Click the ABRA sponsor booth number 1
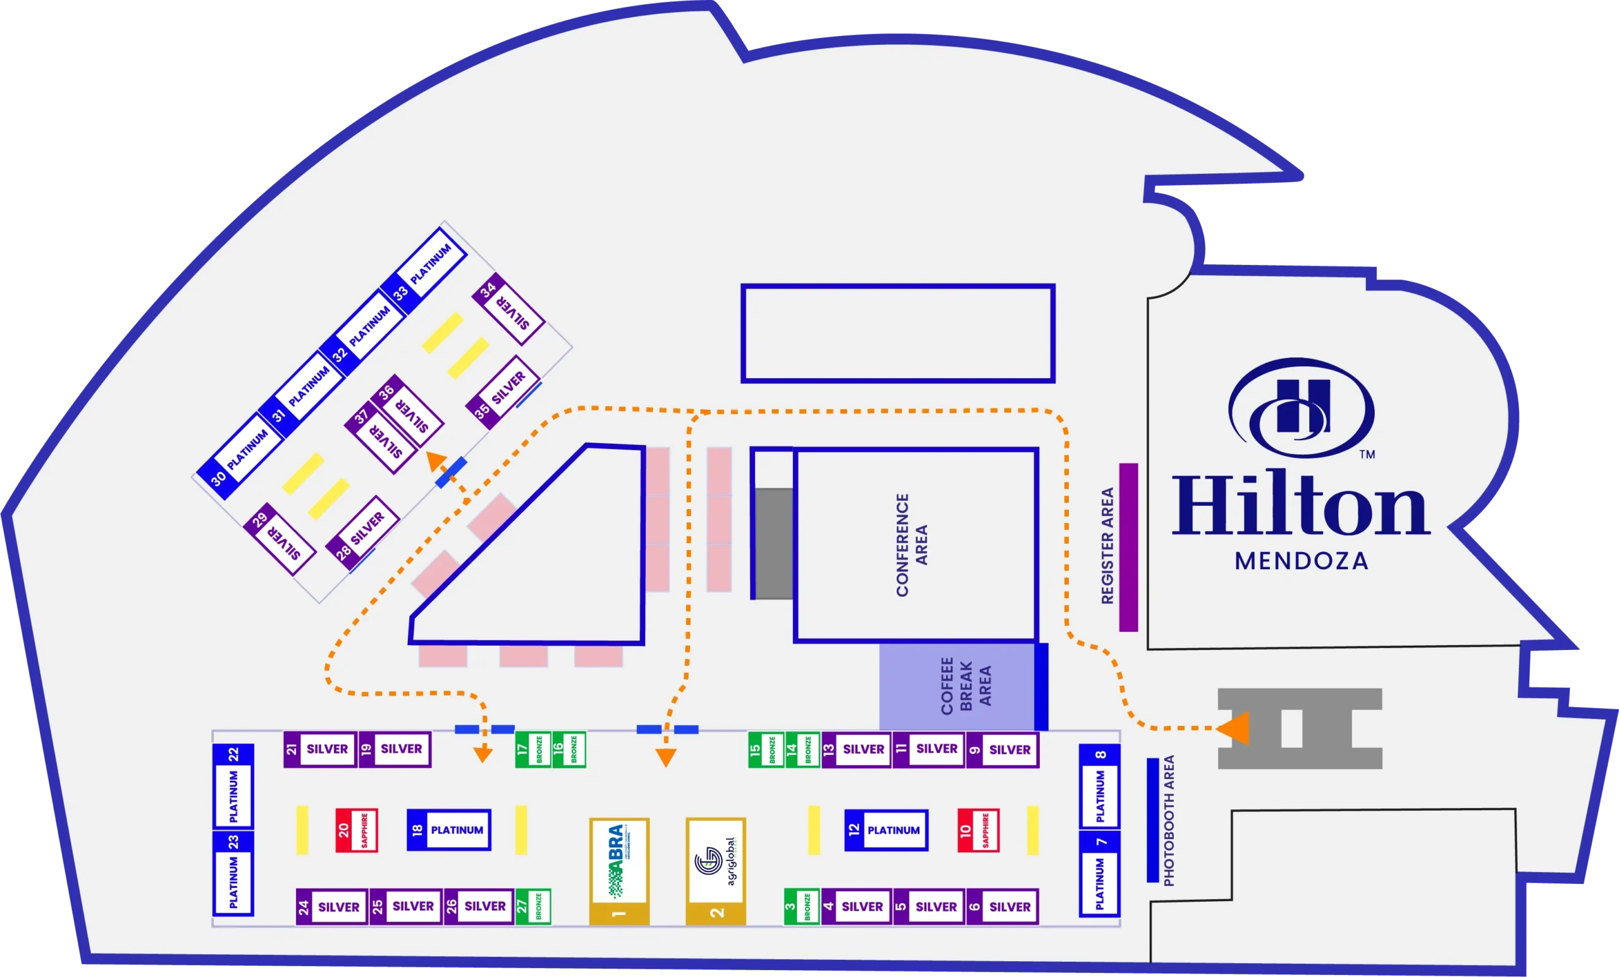619,871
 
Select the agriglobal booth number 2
715,871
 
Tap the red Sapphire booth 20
356,830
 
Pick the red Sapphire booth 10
978,830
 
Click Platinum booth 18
449,830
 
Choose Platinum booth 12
886,830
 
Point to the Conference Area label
911,544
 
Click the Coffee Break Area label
965,686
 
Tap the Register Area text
1108,545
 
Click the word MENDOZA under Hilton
1301,561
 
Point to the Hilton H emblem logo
1302,407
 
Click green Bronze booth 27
532,907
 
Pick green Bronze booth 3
801,907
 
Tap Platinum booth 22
233,786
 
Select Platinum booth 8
1100,786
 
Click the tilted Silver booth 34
508,308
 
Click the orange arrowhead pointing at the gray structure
1233,728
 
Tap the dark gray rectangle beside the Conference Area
773,543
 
